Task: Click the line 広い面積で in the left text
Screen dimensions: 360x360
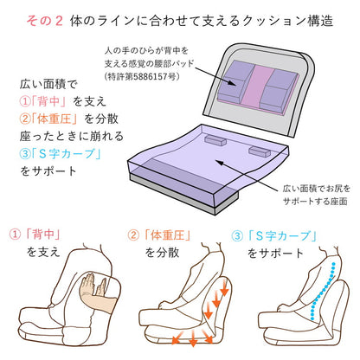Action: pos(48,87)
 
